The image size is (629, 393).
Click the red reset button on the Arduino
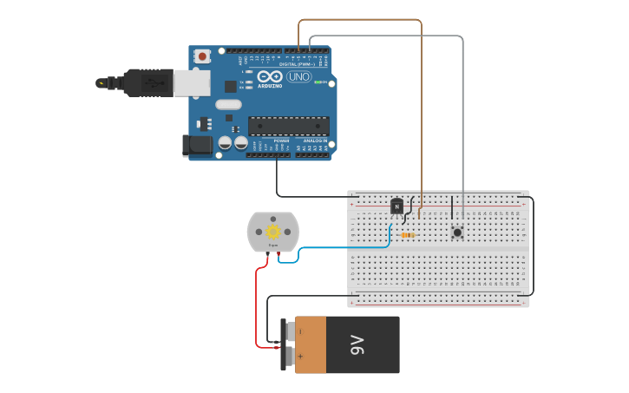[x=202, y=56]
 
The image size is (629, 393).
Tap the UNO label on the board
[x=298, y=77]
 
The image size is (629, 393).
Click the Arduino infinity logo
[x=270, y=77]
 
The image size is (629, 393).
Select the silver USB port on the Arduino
[x=192, y=83]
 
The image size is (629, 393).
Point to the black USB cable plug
[x=148, y=83]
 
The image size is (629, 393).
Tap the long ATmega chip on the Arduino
[x=288, y=126]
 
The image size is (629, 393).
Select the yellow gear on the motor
[x=272, y=231]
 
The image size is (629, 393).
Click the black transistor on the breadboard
[x=396, y=206]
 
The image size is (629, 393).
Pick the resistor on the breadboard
[x=407, y=234]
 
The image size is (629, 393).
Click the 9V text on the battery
[x=357, y=345]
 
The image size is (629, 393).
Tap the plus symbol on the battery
[x=301, y=356]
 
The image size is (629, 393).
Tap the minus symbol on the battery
[x=301, y=331]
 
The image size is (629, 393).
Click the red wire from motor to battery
[x=257, y=304]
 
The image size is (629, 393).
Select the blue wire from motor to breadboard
[x=347, y=248]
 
